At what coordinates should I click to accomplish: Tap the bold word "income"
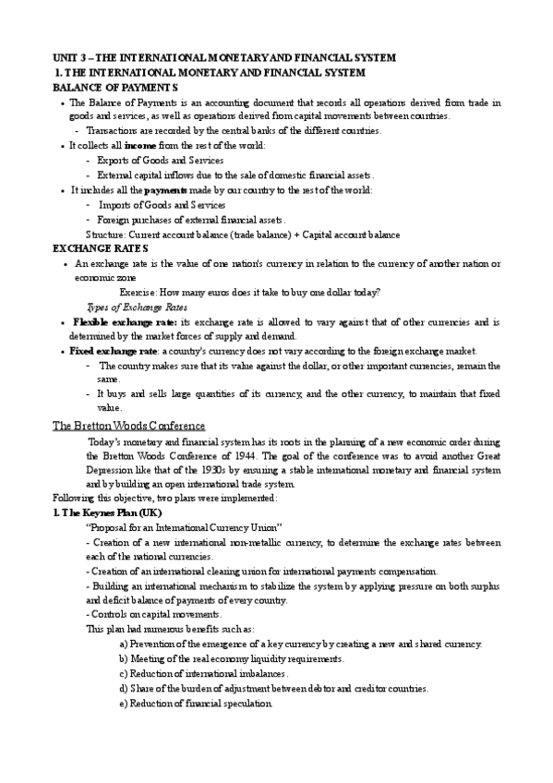point(140,146)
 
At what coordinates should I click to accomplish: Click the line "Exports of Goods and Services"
point(161,160)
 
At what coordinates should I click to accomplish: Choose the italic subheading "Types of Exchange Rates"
point(137,307)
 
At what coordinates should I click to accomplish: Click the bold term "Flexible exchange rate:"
point(125,322)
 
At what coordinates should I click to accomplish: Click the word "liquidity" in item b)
point(276,659)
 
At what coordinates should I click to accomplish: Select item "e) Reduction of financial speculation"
point(196,704)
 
